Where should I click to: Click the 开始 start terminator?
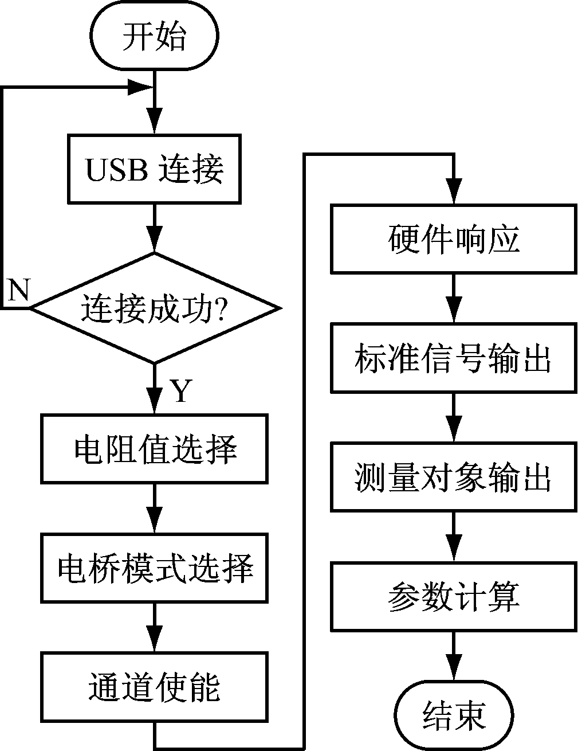155,37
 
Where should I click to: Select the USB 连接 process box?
155,169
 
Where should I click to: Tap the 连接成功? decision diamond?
155,309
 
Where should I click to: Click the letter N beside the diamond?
18,291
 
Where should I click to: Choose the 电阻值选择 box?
155,448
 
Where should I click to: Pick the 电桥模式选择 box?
155,568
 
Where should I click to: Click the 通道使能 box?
155,687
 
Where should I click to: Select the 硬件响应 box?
454,238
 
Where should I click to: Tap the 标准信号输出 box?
454,358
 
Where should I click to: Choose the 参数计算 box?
454,597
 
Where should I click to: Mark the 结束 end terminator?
454,715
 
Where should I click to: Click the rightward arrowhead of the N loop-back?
141,88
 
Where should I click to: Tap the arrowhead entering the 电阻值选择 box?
155,402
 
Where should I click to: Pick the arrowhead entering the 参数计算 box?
454,550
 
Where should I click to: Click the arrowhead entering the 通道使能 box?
155,640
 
